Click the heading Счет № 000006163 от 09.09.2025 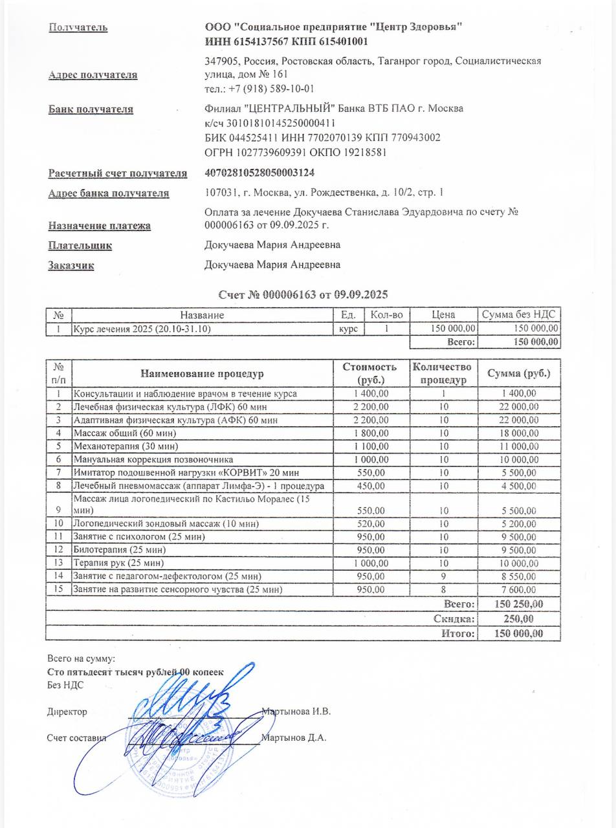[303, 294]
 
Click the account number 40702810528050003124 [259, 173]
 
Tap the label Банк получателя [91, 109]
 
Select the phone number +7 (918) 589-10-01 [259, 89]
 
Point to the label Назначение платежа [99, 226]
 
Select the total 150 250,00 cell [518, 604]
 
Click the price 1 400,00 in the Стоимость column [371, 393]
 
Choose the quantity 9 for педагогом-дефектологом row [445, 576]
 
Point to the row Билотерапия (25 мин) [111, 550]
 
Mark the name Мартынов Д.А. [294, 737]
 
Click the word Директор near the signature [67, 712]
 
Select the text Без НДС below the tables [65, 684]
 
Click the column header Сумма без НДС [519, 315]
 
